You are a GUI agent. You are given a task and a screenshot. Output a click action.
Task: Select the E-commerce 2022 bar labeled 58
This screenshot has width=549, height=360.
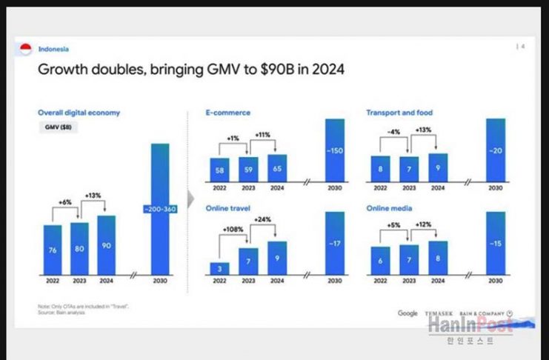pos(220,169)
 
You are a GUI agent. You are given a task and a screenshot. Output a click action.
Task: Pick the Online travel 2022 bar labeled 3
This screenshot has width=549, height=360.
pos(220,267)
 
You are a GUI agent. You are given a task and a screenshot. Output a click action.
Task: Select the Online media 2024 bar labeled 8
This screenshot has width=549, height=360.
pos(438,258)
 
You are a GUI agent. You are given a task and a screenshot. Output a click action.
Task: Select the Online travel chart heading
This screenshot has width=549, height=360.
pos(225,208)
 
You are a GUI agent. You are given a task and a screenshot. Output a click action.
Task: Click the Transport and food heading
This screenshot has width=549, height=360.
pos(399,113)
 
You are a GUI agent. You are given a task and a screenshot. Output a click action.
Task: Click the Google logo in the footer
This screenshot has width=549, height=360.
pos(407,313)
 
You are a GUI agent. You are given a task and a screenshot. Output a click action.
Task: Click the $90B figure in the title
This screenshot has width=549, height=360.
pos(276,70)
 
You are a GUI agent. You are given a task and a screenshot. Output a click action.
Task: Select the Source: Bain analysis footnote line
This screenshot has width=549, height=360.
pos(61,313)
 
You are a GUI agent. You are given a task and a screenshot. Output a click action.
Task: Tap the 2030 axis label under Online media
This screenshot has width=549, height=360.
pos(496,281)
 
